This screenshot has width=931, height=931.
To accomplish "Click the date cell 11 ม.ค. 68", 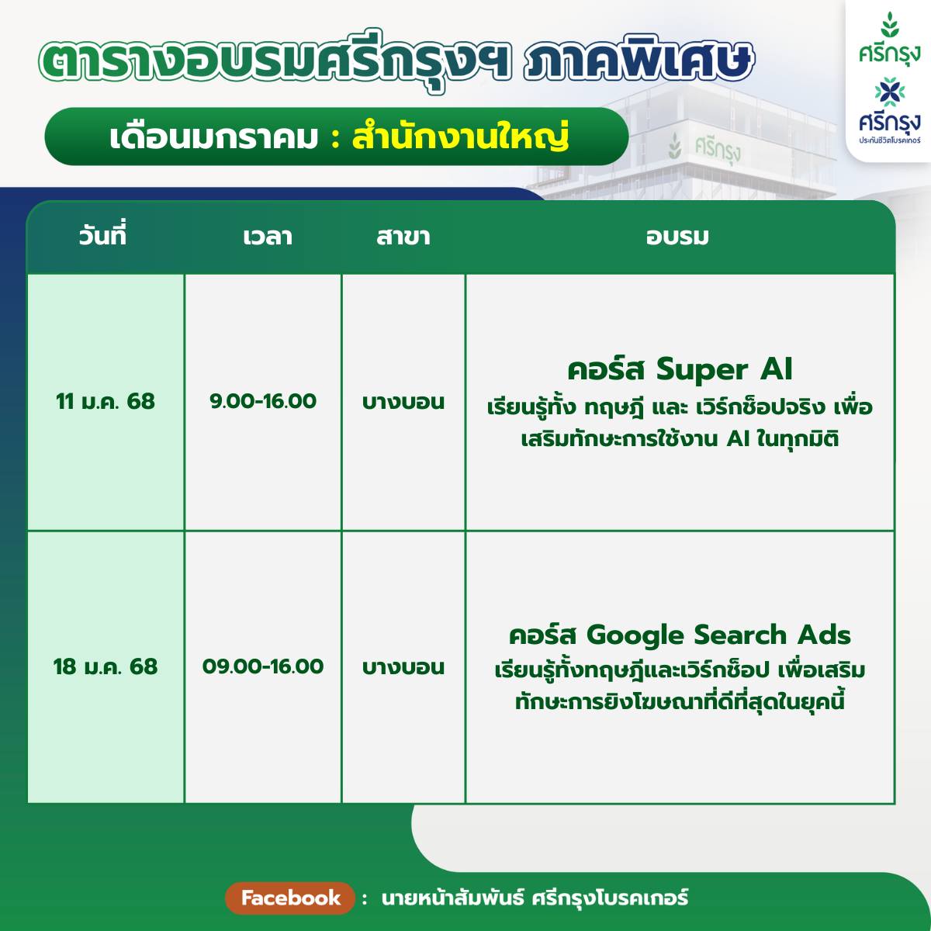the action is pyautogui.click(x=106, y=401).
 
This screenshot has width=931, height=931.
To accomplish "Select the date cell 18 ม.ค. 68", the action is pyautogui.click(x=106, y=666).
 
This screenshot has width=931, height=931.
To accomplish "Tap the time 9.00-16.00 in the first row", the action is pyautogui.click(x=263, y=401).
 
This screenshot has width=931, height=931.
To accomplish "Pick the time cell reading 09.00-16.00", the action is pyautogui.click(x=263, y=666).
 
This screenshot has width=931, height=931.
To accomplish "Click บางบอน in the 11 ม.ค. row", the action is pyautogui.click(x=403, y=402).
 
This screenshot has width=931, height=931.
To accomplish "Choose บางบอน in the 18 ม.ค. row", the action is pyautogui.click(x=403, y=667).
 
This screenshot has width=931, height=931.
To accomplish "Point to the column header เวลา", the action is pyautogui.click(x=268, y=237).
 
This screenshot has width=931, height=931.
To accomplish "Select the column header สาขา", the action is pyautogui.click(x=403, y=237).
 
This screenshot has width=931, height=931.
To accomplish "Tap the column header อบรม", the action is pyautogui.click(x=677, y=237).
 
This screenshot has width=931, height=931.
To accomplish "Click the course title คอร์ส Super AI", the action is pyautogui.click(x=680, y=370).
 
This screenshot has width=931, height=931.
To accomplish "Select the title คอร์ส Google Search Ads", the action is pyautogui.click(x=680, y=635).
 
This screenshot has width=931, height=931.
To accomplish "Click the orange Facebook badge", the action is pyautogui.click(x=290, y=898).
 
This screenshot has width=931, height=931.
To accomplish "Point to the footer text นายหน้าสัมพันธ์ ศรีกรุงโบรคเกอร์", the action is pyautogui.click(x=535, y=898).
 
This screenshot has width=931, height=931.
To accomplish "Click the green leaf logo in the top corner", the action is pyautogui.click(x=889, y=25).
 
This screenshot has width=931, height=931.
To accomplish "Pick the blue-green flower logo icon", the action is pyautogui.click(x=889, y=92).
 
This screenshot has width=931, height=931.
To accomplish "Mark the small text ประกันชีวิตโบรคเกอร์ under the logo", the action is pyautogui.click(x=889, y=140).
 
